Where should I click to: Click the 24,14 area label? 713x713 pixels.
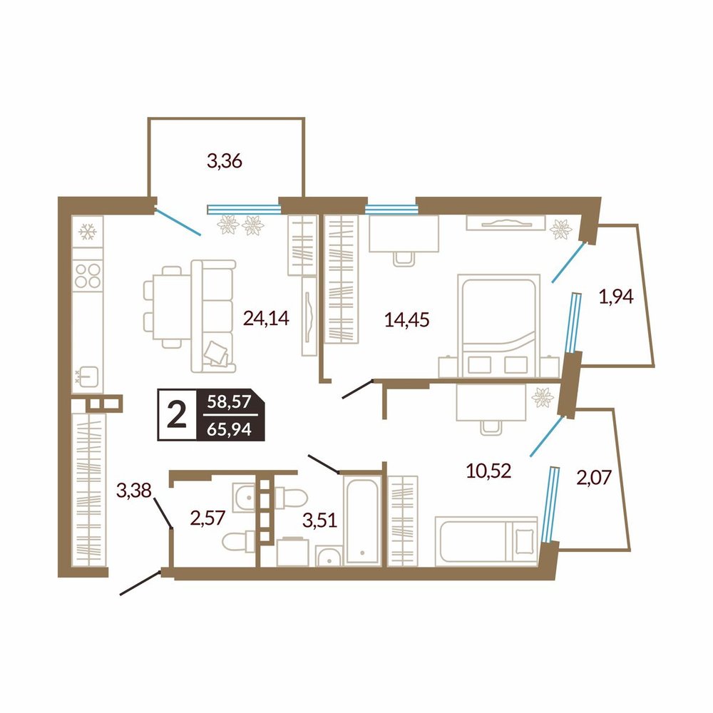click(266, 318)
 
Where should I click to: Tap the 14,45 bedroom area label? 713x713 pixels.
click(407, 320)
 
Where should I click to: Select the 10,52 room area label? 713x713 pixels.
click(489, 471)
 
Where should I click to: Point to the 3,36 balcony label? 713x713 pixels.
click(224, 161)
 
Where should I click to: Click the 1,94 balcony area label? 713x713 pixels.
click(616, 297)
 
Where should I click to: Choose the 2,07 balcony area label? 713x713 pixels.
click(595, 478)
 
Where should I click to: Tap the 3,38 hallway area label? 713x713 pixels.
click(134, 491)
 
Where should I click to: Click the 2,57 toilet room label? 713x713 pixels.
click(207, 518)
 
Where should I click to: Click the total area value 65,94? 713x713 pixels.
click(229, 429)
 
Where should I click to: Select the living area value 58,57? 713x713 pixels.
click(229, 401)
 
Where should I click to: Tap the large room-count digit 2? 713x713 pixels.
click(177, 415)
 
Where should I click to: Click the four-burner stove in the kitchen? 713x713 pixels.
click(88, 275)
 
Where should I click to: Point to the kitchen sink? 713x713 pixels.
click(87, 376)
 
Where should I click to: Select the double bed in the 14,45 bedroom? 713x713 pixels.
click(498, 326)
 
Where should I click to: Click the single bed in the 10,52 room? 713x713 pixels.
click(486, 542)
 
